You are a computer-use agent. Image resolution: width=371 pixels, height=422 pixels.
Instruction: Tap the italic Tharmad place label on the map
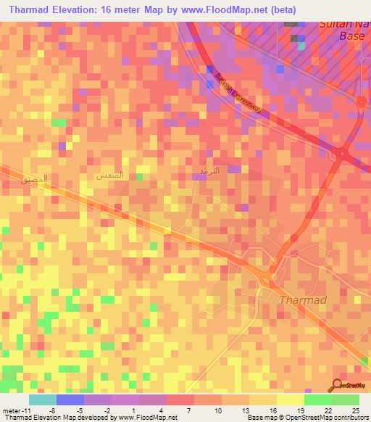coord(303,299)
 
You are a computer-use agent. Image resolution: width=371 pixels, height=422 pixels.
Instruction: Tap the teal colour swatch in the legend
coord(43,400)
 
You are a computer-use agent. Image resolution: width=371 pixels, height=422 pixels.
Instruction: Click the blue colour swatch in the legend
coord(70,400)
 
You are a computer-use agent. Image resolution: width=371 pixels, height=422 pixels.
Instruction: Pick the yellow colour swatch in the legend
coord(290,400)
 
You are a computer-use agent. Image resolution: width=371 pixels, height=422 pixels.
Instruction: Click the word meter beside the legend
coord(9,410)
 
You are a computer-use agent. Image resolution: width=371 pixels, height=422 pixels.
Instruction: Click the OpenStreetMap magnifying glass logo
coord(338,386)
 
